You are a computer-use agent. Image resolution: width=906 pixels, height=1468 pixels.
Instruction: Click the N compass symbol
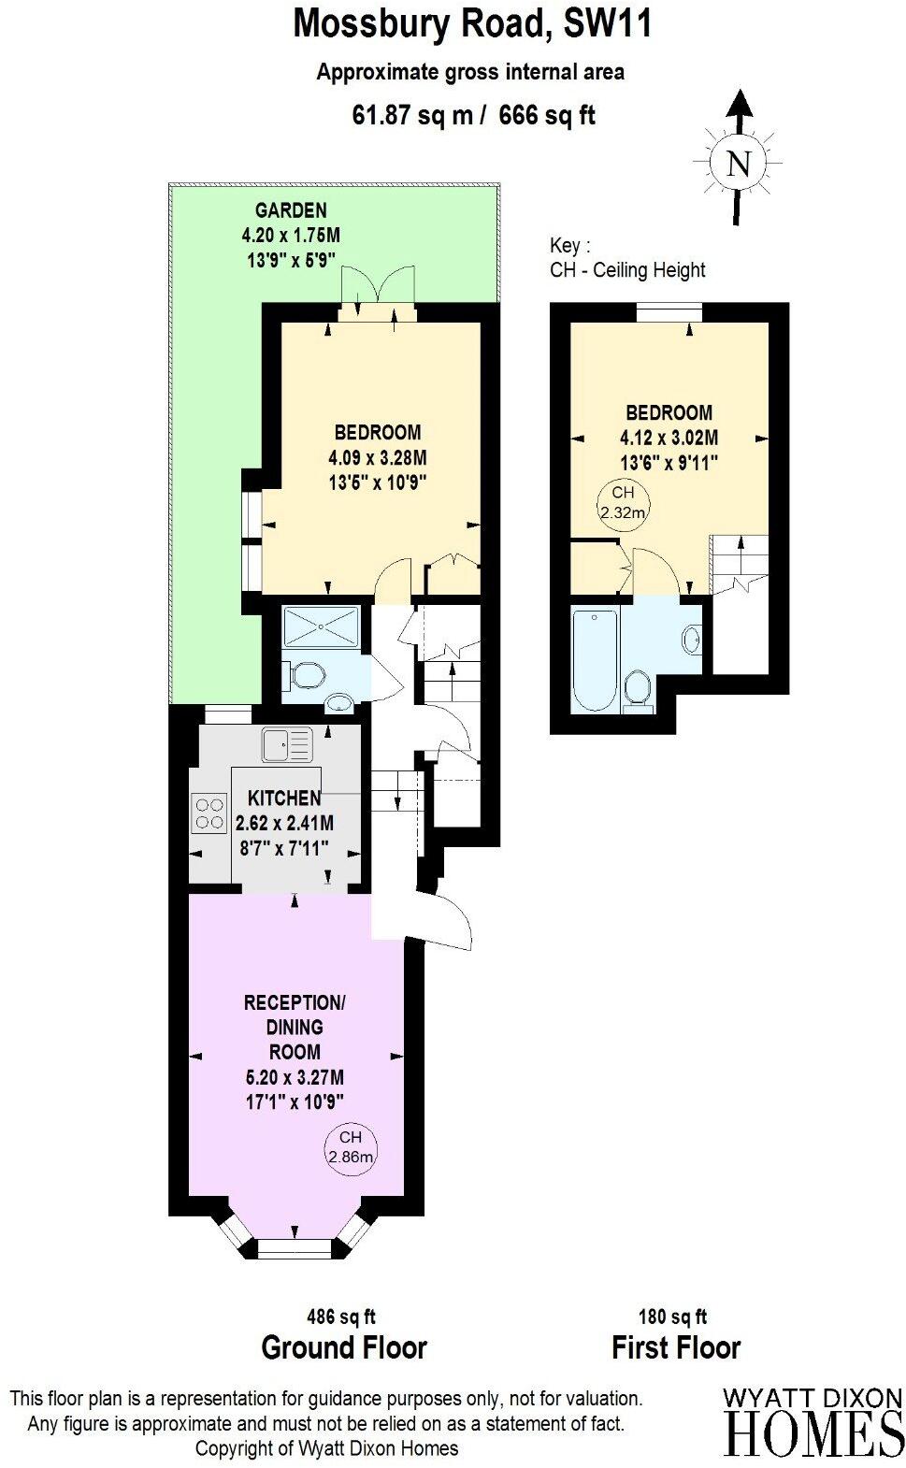point(739,165)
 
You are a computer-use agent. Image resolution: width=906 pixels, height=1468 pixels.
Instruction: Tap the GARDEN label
point(291,210)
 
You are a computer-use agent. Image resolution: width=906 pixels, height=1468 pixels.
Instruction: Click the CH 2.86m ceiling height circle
point(350,1147)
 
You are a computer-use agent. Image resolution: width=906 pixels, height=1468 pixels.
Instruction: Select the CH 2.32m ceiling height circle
point(623,502)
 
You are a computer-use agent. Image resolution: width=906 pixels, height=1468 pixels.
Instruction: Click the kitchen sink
point(286,744)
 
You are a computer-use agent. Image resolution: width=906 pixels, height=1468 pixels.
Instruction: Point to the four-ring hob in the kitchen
point(209,812)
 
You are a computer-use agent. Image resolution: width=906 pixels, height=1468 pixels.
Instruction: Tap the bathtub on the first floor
point(594,658)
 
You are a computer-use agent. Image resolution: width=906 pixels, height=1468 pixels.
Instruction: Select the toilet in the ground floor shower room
point(307,673)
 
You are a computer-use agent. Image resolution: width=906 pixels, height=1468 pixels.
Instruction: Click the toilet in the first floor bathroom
point(638,688)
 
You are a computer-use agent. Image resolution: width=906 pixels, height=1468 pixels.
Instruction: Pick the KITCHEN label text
point(284,799)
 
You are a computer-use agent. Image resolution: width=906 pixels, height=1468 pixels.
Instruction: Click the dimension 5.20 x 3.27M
point(295,1077)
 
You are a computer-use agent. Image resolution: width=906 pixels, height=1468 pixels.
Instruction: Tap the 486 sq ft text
point(341,1317)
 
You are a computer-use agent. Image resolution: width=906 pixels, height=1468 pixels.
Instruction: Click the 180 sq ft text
point(672,1317)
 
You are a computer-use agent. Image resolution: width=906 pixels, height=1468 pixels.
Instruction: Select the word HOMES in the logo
point(813,1432)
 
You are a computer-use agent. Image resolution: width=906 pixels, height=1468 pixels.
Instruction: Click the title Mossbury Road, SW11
point(472,24)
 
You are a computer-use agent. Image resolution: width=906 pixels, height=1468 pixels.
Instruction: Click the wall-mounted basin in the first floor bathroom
point(692,640)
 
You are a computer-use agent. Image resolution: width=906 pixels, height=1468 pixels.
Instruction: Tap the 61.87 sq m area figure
point(414,115)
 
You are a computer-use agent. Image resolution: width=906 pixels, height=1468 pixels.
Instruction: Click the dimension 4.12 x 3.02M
point(669,437)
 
